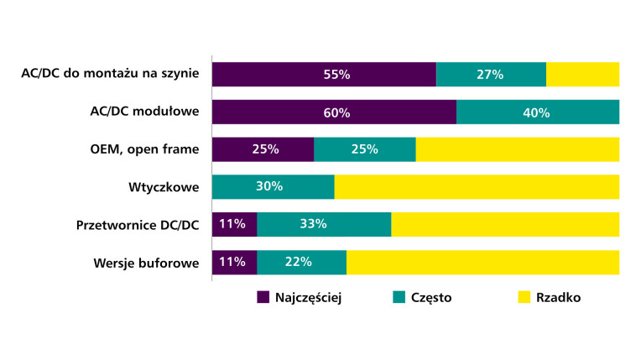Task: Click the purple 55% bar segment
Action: click(324, 74)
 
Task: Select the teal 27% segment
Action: click(491, 74)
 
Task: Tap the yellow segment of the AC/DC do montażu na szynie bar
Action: click(582, 74)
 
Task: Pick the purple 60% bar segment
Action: click(334, 112)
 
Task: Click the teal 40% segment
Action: click(537, 112)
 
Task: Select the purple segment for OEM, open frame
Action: click(263, 149)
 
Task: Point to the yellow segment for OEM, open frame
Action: click(517, 149)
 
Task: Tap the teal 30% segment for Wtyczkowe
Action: click(273, 187)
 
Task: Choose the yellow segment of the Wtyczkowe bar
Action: click(477, 187)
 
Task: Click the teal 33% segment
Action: click(324, 224)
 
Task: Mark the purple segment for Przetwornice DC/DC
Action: click(234, 224)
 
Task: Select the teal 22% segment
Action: click(301, 262)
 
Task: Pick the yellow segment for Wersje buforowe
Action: click(482, 262)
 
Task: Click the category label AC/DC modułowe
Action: click(144, 112)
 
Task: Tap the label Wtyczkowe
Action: click(164, 187)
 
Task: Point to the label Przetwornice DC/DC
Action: click(138, 224)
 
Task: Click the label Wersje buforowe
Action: click(147, 262)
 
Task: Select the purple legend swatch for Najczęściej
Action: click(263, 297)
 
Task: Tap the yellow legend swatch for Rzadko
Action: click(524, 297)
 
